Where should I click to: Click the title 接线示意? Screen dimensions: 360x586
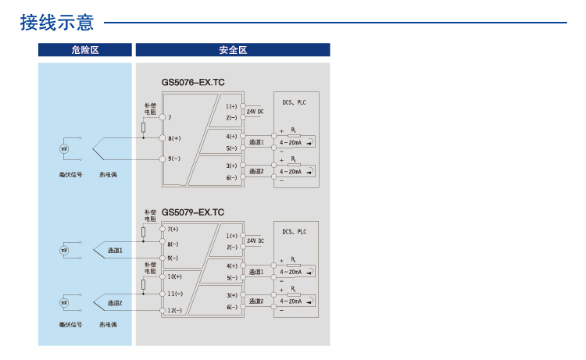56,23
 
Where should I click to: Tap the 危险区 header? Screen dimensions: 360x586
84,50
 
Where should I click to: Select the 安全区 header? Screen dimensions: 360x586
233,50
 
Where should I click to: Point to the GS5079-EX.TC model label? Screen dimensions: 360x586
192,212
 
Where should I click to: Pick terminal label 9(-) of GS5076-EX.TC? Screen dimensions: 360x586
174,159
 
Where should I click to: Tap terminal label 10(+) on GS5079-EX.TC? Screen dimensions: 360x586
175,276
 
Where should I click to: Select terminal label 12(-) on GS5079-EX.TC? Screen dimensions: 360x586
175,311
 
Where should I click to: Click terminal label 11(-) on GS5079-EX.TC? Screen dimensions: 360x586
175,294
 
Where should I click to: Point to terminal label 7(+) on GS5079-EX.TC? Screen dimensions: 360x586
173,229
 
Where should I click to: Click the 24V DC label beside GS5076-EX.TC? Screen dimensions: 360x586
255,112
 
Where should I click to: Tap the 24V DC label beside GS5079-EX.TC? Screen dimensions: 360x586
255,241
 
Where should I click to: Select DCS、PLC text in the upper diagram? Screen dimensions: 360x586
294,102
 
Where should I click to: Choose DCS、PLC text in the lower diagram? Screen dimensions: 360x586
294,232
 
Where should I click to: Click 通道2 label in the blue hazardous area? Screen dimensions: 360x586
115,302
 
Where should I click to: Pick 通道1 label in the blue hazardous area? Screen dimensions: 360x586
115,250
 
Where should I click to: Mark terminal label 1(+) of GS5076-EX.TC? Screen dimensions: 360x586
231,105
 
